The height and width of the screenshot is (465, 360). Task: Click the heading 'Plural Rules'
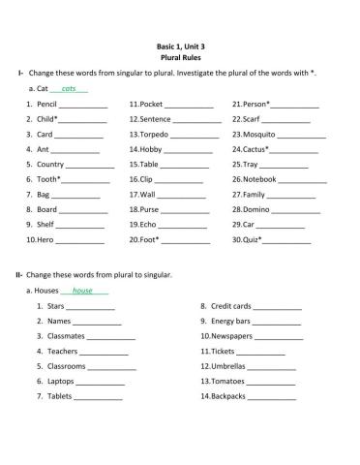(180, 57)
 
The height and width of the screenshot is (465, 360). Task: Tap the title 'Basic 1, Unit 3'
(180, 46)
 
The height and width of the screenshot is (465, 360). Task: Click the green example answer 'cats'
(68, 88)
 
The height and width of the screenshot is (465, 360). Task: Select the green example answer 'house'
(82, 291)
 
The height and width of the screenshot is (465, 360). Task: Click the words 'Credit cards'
(231, 306)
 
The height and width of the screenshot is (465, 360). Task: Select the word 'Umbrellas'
(228, 366)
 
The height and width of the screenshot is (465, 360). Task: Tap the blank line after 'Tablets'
(98, 398)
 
